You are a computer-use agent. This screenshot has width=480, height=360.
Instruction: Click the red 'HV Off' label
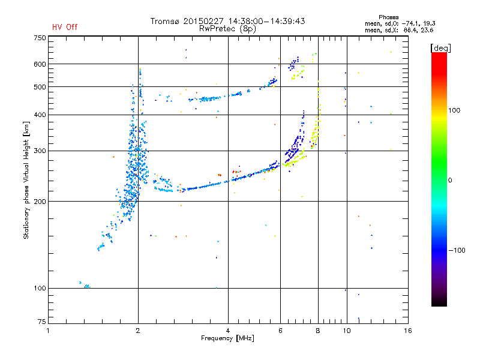click(x=64, y=27)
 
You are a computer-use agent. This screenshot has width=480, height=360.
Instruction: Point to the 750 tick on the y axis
click(x=40, y=37)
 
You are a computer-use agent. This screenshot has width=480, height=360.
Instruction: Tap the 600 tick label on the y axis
click(x=40, y=64)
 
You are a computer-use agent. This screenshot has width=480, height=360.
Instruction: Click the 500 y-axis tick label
click(x=40, y=86)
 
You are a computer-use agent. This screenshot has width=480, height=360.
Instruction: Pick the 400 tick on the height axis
click(x=40, y=115)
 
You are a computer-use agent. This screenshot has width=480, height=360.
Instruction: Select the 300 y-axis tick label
click(x=40, y=151)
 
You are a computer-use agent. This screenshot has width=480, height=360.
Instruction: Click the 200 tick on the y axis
click(x=40, y=201)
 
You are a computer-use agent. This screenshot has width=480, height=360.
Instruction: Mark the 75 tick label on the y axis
click(x=41, y=323)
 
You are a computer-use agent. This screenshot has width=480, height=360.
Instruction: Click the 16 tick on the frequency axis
click(x=407, y=331)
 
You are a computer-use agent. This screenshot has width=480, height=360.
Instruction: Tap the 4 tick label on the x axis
click(x=228, y=331)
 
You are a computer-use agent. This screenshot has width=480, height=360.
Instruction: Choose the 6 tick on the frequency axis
click(x=280, y=331)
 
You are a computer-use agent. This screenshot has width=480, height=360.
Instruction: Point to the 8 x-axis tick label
click(x=318, y=331)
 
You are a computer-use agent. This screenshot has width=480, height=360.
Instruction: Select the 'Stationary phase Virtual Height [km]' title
click(x=26, y=180)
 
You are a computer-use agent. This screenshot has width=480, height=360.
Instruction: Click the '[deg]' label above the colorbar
click(x=441, y=47)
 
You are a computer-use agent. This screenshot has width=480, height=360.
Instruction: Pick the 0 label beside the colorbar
click(x=451, y=180)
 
